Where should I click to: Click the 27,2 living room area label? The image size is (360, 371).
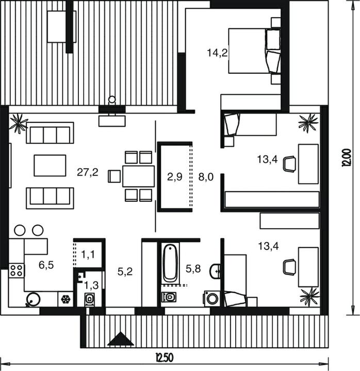88,172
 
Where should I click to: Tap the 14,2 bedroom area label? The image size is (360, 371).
217,53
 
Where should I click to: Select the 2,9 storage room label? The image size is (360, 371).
174,177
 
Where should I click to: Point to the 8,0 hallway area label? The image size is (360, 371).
206,177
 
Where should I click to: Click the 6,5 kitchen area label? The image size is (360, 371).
46,265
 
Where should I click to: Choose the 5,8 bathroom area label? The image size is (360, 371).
193,269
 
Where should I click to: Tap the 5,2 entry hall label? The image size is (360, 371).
125,272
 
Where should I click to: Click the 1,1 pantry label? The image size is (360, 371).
88,254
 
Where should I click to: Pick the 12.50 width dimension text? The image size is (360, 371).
164,358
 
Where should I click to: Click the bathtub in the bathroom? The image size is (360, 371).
170,263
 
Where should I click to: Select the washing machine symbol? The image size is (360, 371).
211,299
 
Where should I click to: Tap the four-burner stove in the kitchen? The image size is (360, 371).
17,271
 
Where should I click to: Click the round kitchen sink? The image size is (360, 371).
33,300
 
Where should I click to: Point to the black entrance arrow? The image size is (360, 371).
121,338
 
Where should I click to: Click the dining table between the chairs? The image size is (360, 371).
138,176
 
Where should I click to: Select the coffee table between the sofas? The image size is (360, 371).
50,166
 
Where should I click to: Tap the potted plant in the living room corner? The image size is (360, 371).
19,123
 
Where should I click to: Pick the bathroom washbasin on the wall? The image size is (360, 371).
215,271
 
